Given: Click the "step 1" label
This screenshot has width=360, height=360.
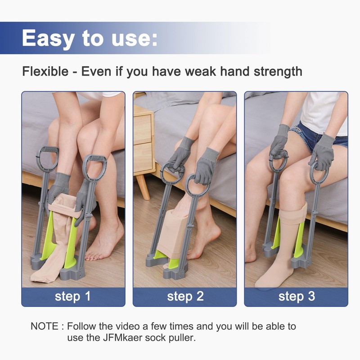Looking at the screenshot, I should click(x=73, y=297).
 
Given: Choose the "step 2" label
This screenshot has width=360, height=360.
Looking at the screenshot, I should click(x=185, y=297).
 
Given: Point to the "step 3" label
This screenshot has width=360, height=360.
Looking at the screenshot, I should click(x=297, y=297).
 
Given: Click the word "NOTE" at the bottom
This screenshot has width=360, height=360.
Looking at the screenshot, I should click(x=44, y=326).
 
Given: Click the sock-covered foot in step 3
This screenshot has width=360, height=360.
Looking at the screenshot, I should click(x=274, y=274).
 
